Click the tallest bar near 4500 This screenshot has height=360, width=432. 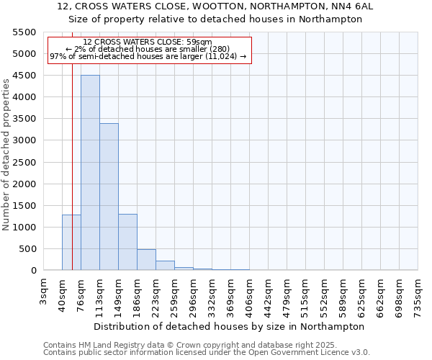click(x=90, y=173)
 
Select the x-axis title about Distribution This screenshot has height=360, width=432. click(x=229, y=326)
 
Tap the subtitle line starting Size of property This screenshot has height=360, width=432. click(x=215, y=19)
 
